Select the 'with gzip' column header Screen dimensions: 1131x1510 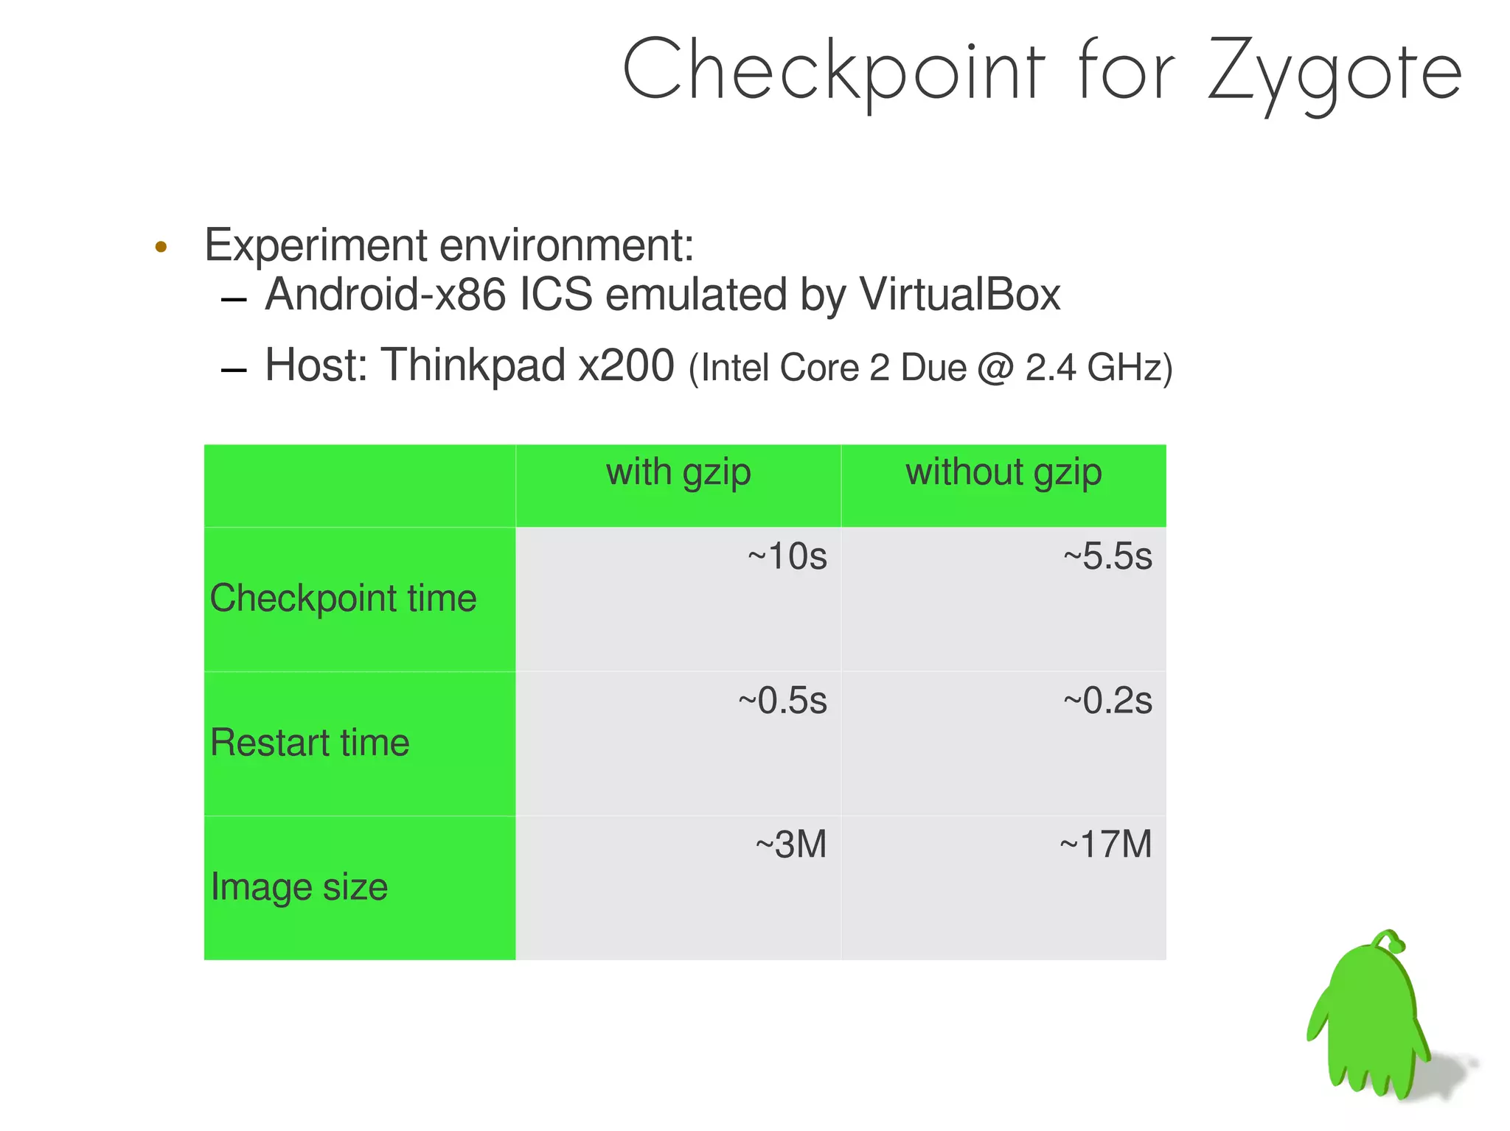click(678, 472)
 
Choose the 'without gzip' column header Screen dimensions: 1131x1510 click(1003, 472)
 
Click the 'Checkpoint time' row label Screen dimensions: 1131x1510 click(343, 598)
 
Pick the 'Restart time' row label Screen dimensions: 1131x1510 click(310, 742)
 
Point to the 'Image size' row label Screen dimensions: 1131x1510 click(299, 886)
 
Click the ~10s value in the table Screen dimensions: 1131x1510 click(787, 556)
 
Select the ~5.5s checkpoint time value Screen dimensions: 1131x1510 click(1107, 556)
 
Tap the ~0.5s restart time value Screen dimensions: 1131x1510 click(782, 700)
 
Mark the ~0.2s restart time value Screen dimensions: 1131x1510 click(1107, 700)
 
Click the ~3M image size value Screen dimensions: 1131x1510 click(790, 844)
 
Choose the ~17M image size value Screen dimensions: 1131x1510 click(1105, 844)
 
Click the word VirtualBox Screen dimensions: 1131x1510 click(959, 295)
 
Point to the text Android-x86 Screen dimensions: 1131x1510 click(385, 295)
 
